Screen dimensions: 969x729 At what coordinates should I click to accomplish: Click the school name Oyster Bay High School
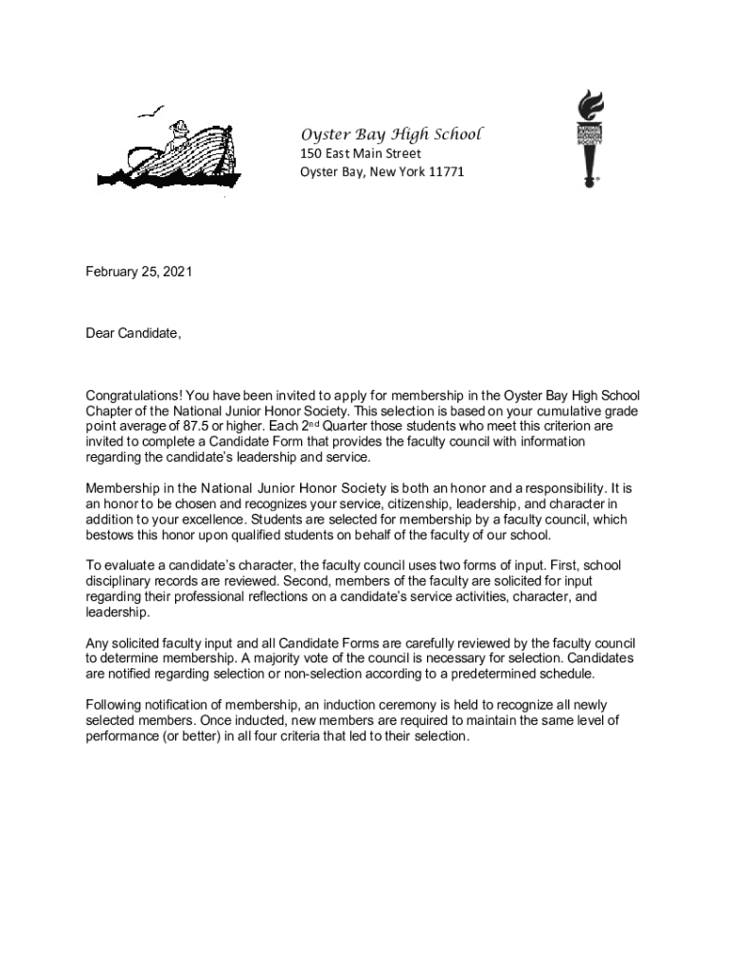point(391,133)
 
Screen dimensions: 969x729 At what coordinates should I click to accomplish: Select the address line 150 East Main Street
point(361,153)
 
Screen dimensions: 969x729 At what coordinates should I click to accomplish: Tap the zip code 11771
point(446,171)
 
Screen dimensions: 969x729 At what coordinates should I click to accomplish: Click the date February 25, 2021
point(139,273)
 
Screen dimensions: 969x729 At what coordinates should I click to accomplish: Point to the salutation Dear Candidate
point(133,333)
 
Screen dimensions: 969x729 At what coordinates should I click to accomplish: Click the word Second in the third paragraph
point(290,581)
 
